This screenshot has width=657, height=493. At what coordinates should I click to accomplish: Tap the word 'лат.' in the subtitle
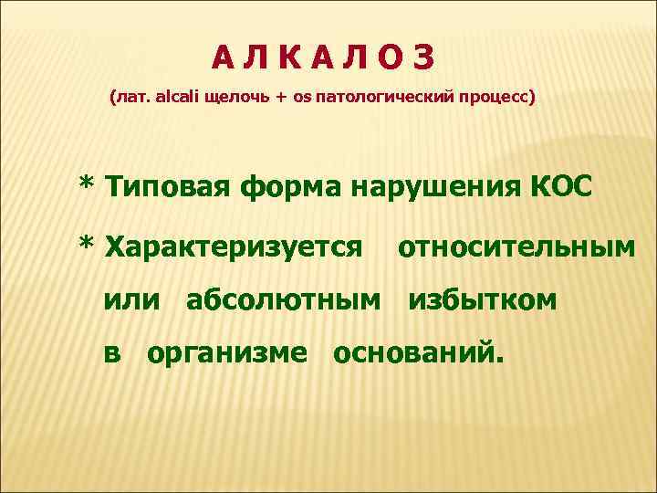[x=128, y=96]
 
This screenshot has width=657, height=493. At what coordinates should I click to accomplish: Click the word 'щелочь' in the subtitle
[x=228, y=96]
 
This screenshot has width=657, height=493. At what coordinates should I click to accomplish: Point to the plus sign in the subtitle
[x=279, y=96]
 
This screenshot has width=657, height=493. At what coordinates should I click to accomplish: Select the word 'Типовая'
[x=169, y=187]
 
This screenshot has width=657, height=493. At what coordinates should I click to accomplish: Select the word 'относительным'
[x=516, y=246]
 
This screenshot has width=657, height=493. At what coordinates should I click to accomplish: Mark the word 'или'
[x=133, y=299]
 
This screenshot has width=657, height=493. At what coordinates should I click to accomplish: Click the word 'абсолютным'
[x=284, y=299]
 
